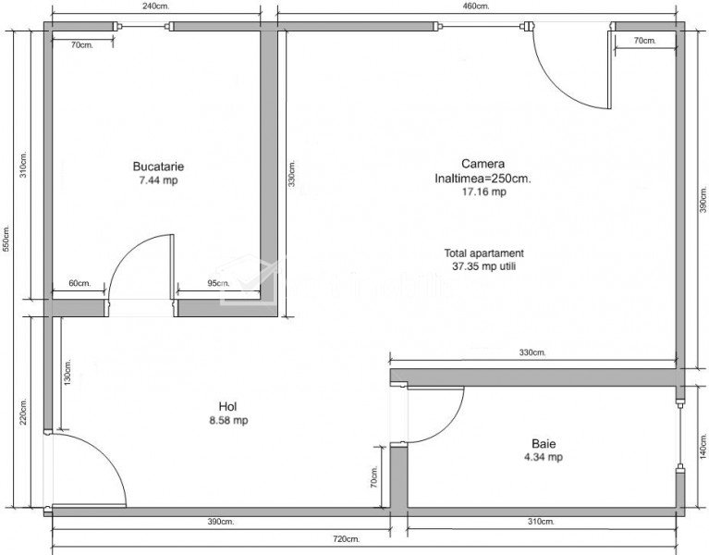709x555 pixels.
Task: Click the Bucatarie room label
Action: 158,166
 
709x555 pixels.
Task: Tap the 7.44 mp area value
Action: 158,180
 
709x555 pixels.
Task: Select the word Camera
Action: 483,164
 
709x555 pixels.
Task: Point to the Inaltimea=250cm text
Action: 483,179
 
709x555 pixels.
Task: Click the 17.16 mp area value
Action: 483,191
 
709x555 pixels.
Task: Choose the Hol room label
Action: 228,406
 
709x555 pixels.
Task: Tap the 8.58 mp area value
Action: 228,420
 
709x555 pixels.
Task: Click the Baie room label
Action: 544,443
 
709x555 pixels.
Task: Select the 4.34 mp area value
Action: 544,457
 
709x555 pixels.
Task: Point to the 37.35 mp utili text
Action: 483,266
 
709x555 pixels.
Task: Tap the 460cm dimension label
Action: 475,6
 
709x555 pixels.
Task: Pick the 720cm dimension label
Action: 346,538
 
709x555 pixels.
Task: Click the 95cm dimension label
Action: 218,283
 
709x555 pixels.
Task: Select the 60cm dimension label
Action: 80,283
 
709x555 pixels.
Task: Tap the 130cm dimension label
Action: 67,372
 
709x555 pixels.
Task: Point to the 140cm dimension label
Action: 703,446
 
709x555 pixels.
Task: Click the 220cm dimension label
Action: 23,411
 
